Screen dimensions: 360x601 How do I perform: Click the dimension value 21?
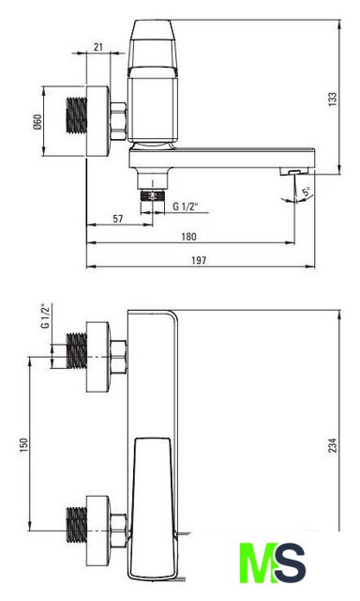click(x=98, y=47)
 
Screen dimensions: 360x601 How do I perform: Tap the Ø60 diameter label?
click(x=37, y=122)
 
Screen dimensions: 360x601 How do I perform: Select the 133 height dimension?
click(x=333, y=99)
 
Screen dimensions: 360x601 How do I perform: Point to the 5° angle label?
click(x=307, y=192)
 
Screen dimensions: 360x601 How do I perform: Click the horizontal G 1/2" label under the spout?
click(x=186, y=207)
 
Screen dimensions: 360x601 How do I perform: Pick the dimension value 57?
click(x=118, y=219)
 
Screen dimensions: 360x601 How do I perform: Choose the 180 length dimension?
click(x=188, y=237)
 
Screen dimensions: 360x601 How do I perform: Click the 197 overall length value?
click(x=199, y=261)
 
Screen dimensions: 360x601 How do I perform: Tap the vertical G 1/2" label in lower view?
click(x=46, y=316)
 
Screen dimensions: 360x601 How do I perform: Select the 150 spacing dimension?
click(x=23, y=445)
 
